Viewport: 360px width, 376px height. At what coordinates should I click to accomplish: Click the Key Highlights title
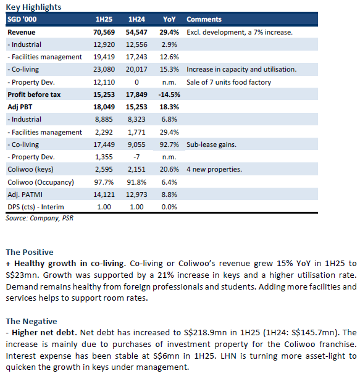[33, 7]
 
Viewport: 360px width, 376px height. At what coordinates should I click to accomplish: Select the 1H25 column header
[104, 19]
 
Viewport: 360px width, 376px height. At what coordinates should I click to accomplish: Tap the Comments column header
[204, 19]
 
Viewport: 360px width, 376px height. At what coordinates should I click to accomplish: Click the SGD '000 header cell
[22, 19]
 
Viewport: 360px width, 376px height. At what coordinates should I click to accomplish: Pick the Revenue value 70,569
[104, 32]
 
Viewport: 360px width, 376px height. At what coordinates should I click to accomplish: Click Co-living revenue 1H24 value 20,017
[136, 69]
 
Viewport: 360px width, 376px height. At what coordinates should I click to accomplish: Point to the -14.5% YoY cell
[169, 94]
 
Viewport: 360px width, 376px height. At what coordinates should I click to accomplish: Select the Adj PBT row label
[20, 107]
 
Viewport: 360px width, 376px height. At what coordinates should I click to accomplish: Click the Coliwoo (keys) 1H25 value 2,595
[104, 169]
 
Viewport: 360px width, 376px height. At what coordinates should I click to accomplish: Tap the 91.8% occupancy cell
[136, 182]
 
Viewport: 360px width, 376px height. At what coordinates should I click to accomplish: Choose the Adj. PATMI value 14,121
[104, 194]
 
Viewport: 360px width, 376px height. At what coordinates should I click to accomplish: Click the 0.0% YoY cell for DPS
[169, 207]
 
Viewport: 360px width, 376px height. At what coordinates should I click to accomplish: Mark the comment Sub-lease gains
[211, 144]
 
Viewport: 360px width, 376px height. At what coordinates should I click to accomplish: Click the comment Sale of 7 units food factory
[229, 82]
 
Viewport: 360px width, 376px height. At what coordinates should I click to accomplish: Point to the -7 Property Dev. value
[136, 157]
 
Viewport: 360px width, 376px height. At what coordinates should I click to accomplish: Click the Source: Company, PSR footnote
[40, 218]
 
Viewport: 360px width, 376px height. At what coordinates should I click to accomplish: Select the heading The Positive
[30, 253]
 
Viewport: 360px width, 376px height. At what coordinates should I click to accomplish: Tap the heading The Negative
[31, 321]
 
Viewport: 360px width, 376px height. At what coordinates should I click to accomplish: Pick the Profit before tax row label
[34, 94]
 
